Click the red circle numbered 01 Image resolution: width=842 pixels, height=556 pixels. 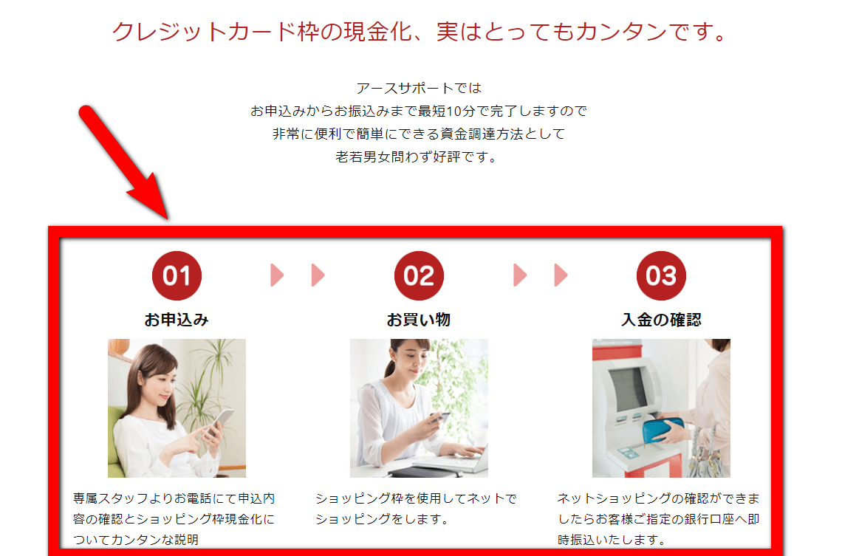click(x=177, y=276)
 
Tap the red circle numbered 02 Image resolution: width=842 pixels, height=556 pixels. click(x=419, y=276)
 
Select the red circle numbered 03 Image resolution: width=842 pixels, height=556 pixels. click(x=661, y=276)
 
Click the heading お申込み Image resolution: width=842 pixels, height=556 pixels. click(x=177, y=320)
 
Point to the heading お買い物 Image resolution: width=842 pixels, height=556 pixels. click(x=419, y=320)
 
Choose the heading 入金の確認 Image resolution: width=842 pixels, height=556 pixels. click(x=661, y=320)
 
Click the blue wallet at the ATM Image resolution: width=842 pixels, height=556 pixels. click(x=664, y=431)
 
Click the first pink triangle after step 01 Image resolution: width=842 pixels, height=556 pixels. click(x=277, y=275)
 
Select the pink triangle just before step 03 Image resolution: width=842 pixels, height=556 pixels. click(x=561, y=275)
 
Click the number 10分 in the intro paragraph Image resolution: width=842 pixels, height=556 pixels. click(x=460, y=111)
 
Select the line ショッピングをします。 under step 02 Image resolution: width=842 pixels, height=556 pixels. click(x=382, y=519)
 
